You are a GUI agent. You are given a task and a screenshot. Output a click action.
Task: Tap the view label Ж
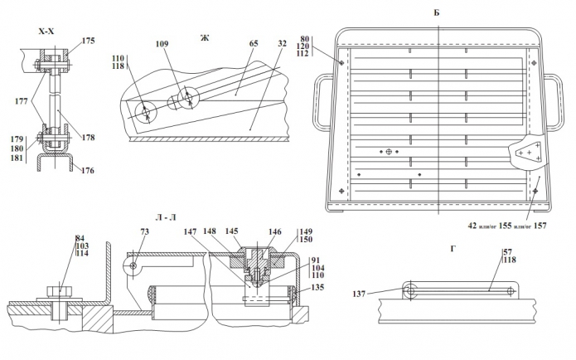[x=205, y=38]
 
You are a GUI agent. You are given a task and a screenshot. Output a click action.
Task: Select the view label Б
[x=436, y=13]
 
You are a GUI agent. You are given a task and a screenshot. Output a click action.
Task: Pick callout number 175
[x=89, y=40]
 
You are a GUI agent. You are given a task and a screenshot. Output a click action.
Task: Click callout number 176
[x=87, y=171]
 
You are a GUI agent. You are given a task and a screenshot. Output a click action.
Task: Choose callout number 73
[x=143, y=233]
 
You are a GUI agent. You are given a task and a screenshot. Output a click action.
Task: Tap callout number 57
[x=507, y=251]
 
